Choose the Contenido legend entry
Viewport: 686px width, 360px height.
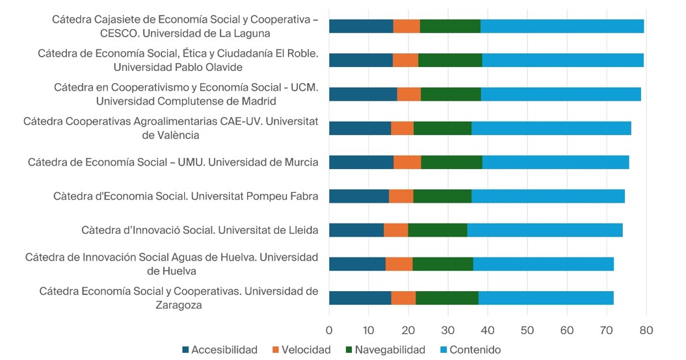475,350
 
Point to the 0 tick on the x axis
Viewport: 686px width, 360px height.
329,330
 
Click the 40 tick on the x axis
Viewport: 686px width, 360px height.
488,330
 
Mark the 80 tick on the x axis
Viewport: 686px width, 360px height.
646,330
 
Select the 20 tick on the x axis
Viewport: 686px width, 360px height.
408,330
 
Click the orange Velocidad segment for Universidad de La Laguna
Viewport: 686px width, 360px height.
406,26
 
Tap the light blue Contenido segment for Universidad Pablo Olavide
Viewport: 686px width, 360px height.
562,60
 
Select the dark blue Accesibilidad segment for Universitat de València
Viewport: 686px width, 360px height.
360,128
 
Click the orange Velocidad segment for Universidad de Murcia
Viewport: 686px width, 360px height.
407,162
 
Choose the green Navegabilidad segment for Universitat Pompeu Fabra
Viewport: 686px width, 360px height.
442,196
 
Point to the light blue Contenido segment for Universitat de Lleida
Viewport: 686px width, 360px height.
545,229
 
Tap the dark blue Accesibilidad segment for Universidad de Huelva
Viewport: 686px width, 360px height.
357,263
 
